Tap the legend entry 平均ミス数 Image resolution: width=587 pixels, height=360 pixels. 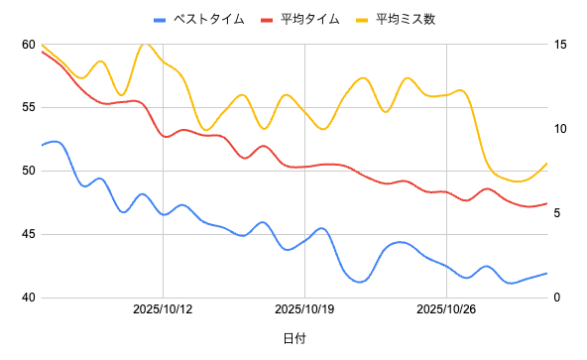pos(406,19)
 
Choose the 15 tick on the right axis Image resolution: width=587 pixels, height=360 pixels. pos(561,45)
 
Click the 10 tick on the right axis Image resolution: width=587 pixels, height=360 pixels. pos(561,129)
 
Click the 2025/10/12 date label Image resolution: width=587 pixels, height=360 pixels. pos(164,310)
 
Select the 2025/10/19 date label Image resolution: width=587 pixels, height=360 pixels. pos(305,310)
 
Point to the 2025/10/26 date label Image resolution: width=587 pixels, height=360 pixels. pos(447,310)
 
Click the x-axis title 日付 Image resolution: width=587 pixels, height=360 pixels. pos(293,338)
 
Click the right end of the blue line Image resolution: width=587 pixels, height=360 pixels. pos(546,274)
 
